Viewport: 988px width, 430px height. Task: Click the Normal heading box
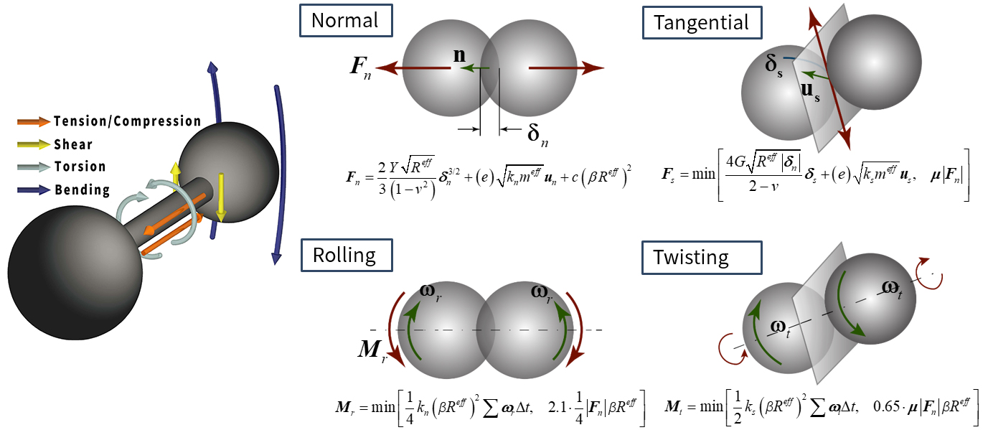click(346, 20)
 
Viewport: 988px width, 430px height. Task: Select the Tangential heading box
click(702, 22)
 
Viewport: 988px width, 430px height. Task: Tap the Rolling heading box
click(347, 255)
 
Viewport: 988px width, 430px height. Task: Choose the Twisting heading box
click(702, 258)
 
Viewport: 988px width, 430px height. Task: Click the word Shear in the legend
click(73, 144)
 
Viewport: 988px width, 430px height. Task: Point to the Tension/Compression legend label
click(128, 121)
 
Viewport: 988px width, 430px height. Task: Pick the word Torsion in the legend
click(80, 167)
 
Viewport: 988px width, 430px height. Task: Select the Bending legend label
click(82, 190)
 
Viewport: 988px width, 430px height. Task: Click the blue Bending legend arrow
click(34, 190)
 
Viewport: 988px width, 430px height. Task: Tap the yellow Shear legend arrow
click(34, 144)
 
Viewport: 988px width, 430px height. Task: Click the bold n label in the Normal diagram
click(460, 55)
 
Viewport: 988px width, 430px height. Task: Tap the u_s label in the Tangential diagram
click(810, 91)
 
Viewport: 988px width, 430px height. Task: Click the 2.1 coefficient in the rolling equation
click(557, 408)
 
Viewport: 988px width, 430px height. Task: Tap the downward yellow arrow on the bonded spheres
click(222, 197)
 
